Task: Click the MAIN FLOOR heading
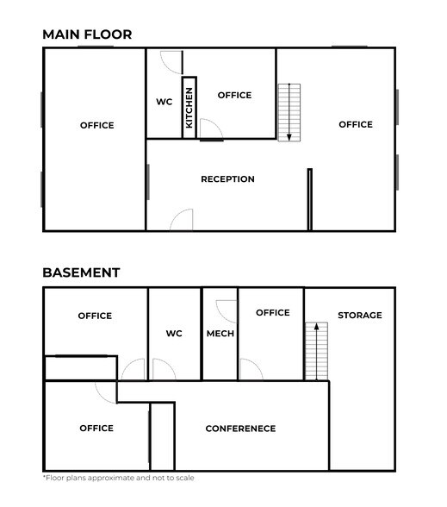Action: point(87,34)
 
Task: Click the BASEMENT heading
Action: point(81,272)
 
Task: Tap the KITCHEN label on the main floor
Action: point(189,108)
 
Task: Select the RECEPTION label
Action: point(227,179)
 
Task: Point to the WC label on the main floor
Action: point(164,102)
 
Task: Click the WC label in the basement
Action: point(174,333)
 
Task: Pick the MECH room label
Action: point(220,333)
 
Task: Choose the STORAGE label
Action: point(359,316)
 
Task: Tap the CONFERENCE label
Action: point(240,429)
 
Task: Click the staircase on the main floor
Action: point(289,111)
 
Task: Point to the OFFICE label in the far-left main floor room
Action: point(96,126)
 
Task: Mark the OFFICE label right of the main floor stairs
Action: point(355,125)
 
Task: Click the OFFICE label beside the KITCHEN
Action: point(234,95)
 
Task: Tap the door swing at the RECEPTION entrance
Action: point(182,220)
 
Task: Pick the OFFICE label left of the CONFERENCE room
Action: point(96,429)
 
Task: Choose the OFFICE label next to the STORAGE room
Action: point(272,312)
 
